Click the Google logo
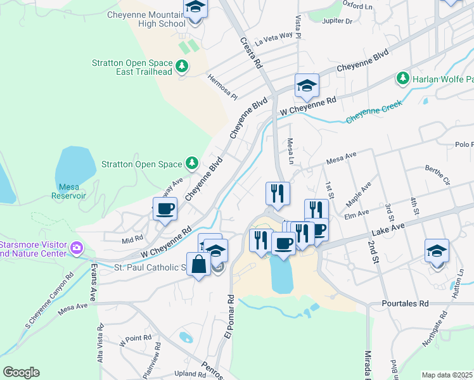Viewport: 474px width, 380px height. tap(21, 372)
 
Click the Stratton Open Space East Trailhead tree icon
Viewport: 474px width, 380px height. tap(183, 66)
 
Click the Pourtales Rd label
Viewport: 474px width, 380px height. tap(405, 303)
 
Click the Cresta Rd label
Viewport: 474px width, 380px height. tap(251, 52)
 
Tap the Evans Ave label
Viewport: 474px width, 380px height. tap(93, 282)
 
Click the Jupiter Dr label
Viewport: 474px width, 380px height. tap(337, 21)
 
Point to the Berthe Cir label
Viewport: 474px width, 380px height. tap(437, 176)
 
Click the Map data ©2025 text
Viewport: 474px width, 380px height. tap(447, 375)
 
